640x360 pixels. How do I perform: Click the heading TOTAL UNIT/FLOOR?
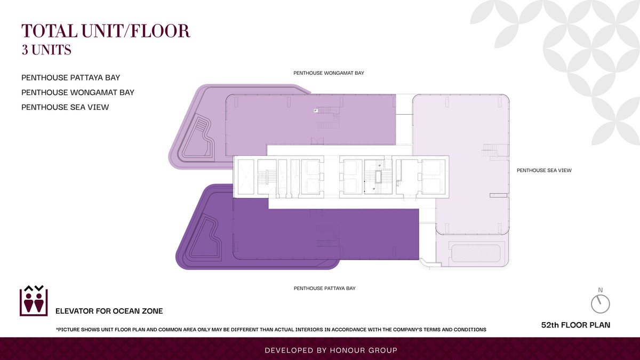pyautogui.click(x=106, y=31)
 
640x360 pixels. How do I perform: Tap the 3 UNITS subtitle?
pyautogui.click(x=46, y=50)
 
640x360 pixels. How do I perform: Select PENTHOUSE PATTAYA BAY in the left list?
pyautogui.click(x=70, y=78)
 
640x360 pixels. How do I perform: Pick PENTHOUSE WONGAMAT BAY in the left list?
pyautogui.click(x=78, y=92)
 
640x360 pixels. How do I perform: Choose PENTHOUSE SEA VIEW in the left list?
pyautogui.click(x=65, y=107)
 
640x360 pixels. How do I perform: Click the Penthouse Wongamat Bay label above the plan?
pyautogui.click(x=329, y=73)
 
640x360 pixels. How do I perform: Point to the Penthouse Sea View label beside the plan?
pyautogui.click(x=544, y=170)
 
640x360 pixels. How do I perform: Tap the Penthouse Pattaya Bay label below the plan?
pyautogui.click(x=325, y=289)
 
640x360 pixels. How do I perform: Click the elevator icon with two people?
pyautogui.click(x=34, y=301)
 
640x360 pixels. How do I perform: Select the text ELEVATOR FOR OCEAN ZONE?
pyautogui.click(x=109, y=311)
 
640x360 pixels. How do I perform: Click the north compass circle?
pyautogui.click(x=601, y=304)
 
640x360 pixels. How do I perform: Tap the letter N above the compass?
pyautogui.click(x=601, y=290)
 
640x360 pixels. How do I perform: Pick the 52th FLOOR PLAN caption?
pyautogui.click(x=575, y=325)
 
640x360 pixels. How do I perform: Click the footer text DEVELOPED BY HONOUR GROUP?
pyautogui.click(x=331, y=350)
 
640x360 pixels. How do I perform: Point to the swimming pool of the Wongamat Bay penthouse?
pyautogui.click(x=198, y=137)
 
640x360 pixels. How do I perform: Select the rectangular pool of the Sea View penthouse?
pyautogui.click(x=476, y=253)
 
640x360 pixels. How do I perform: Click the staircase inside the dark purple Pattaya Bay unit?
pyautogui.click(x=328, y=236)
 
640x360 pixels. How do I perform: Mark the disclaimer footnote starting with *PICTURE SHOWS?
pyautogui.click(x=271, y=330)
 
